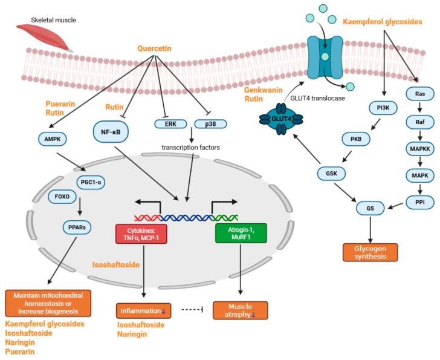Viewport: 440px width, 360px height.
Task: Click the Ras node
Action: [418, 94]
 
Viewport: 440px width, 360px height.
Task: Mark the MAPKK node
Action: [418, 146]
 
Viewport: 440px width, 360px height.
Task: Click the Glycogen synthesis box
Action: [370, 252]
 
